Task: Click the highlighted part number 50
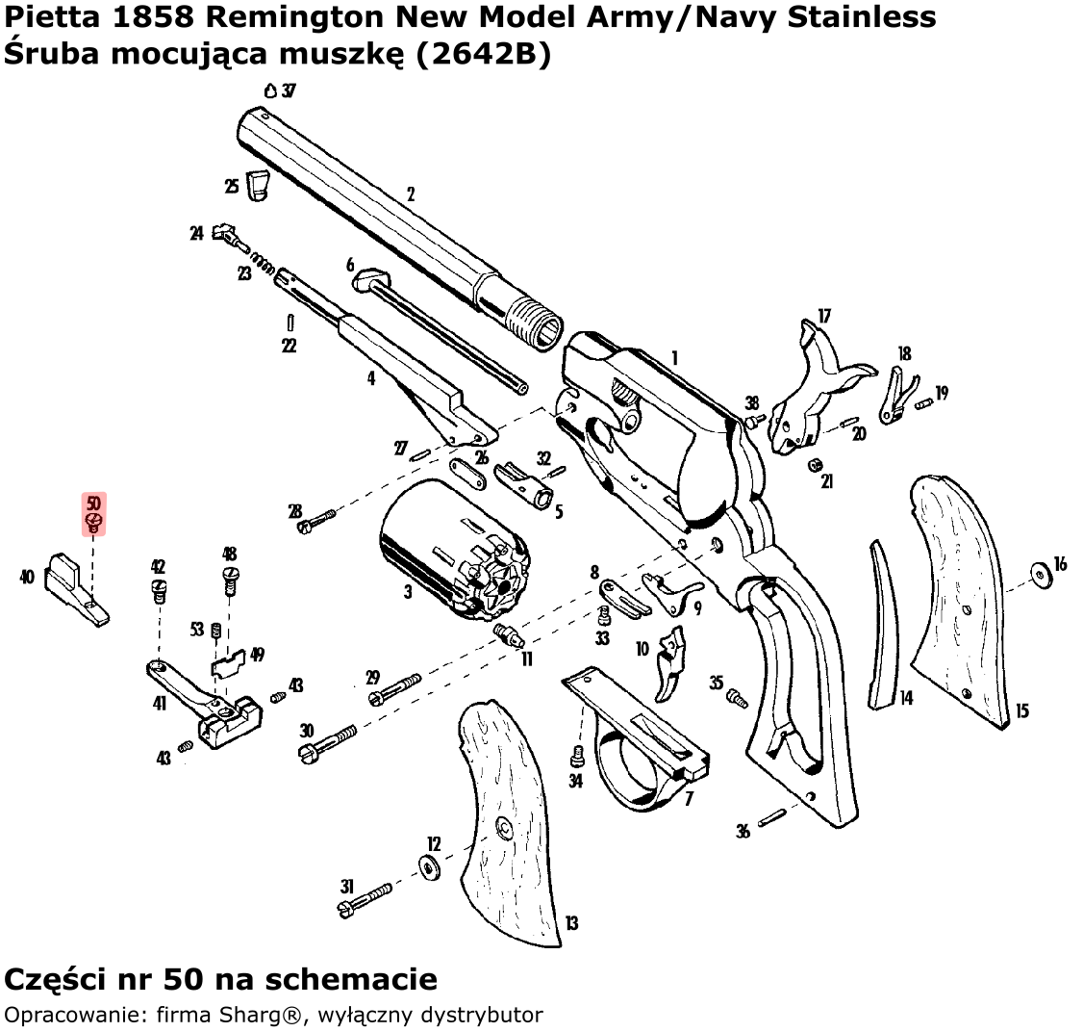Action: [x=93, y=503]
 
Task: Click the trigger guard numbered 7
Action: [x=640, y=741]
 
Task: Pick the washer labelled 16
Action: [x=1039, y=574]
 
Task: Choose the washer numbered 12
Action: [x=428, y=867]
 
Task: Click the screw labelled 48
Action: [x=230, y=578]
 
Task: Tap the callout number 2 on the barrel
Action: [x=411, y=194]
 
